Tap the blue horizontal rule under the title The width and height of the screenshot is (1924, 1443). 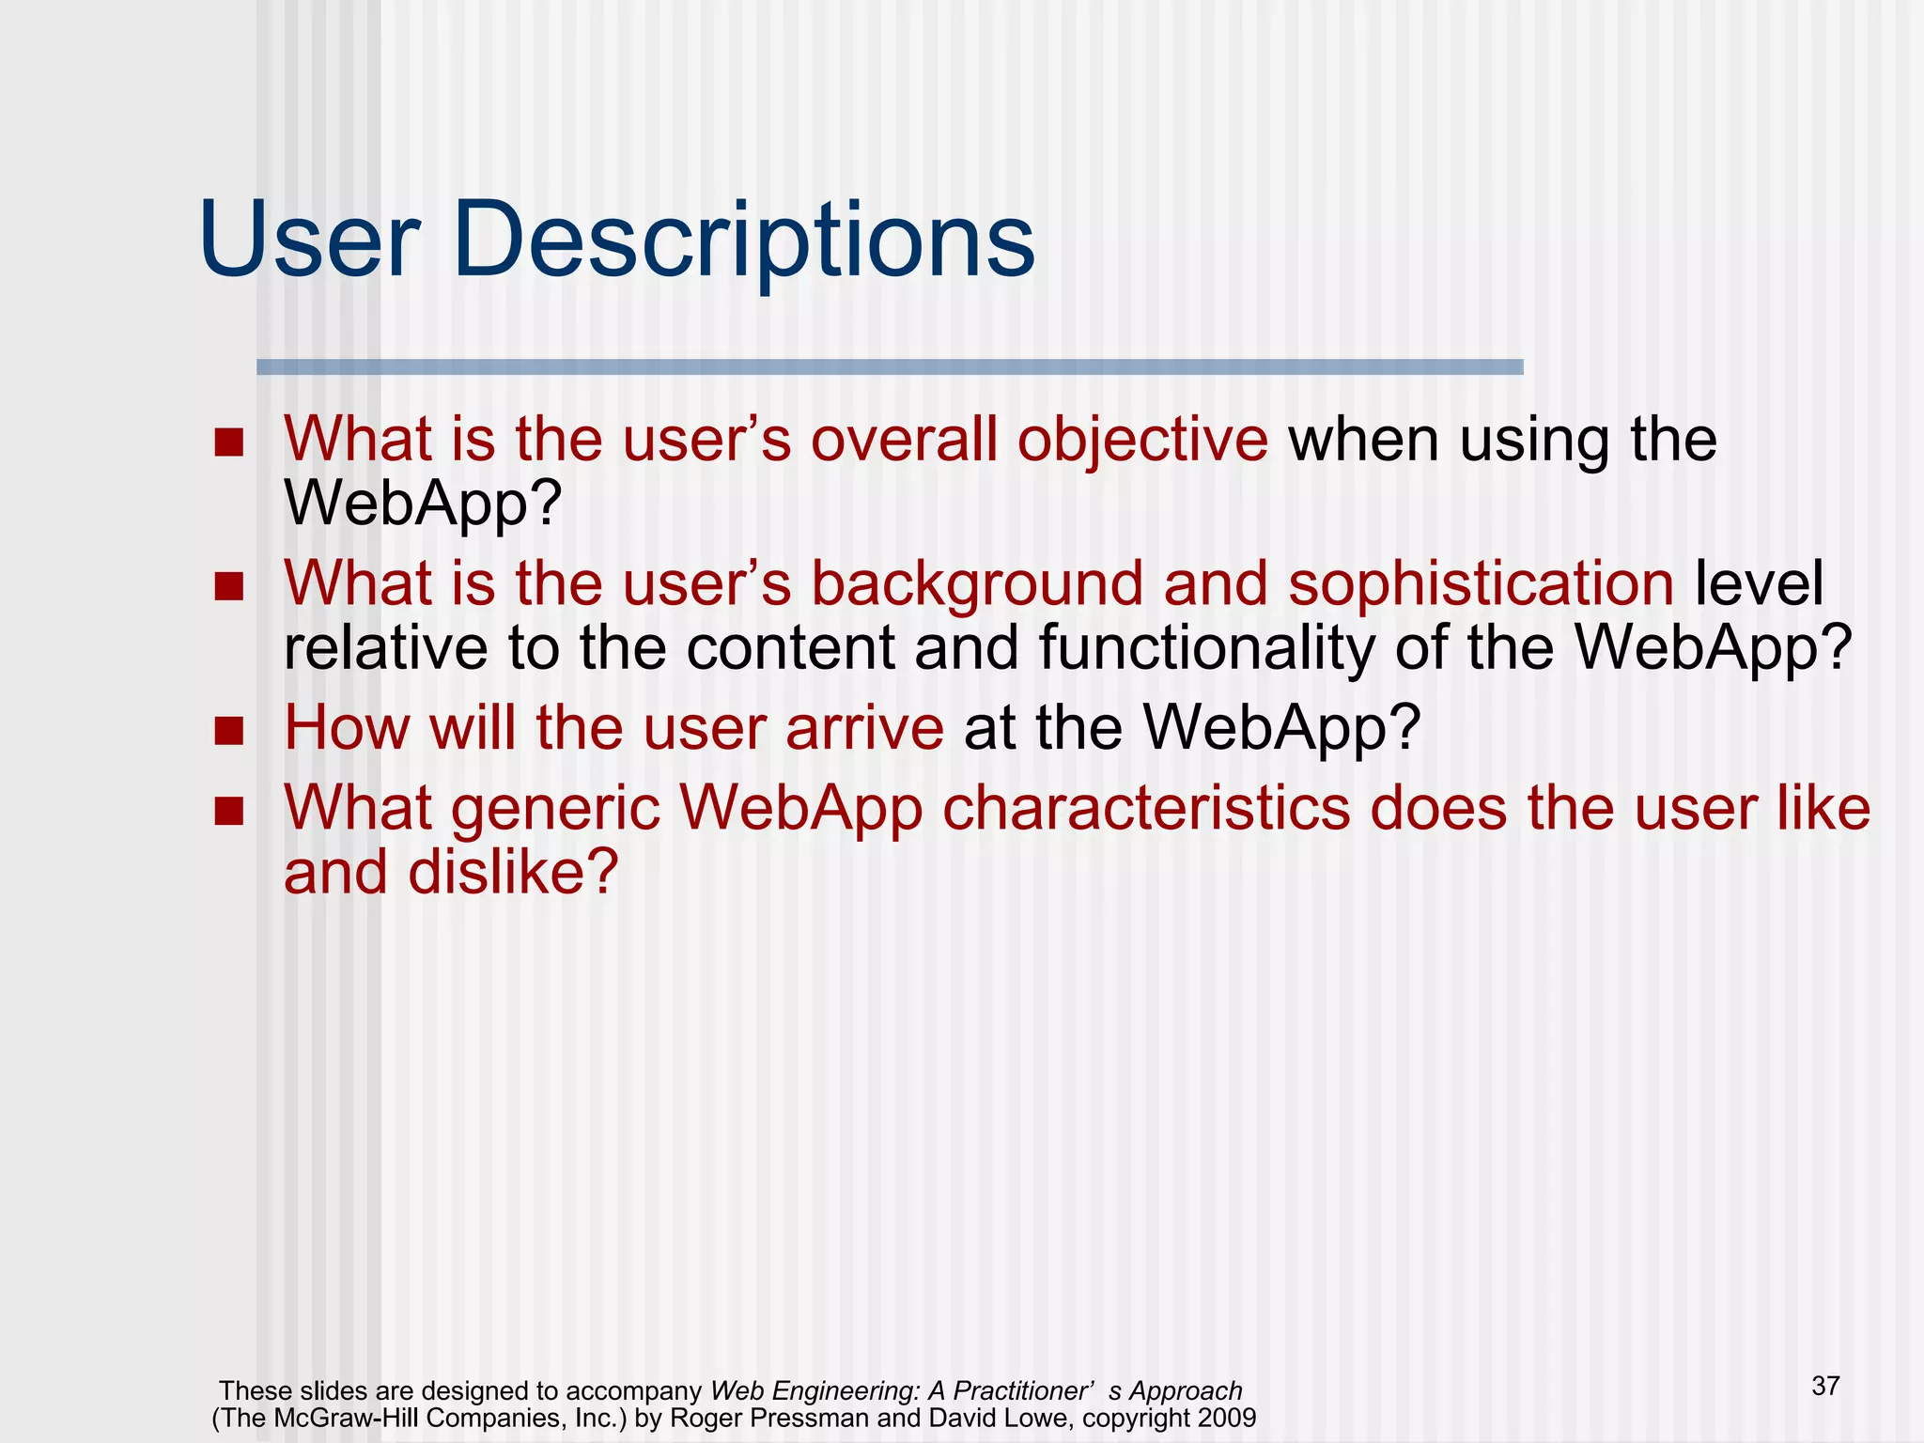coord(890,367)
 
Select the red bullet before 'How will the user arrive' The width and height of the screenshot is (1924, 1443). coord(228,730)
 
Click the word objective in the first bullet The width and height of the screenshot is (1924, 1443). coord(1142,440)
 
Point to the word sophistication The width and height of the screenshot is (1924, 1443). coord(1481,583)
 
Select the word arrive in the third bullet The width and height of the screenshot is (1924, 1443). coord(864,728)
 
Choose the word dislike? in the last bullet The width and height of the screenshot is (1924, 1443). coord(513,872)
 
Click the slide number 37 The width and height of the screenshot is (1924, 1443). coord(1825,1386)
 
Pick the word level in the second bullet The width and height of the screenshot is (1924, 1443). coord(1759,583)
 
